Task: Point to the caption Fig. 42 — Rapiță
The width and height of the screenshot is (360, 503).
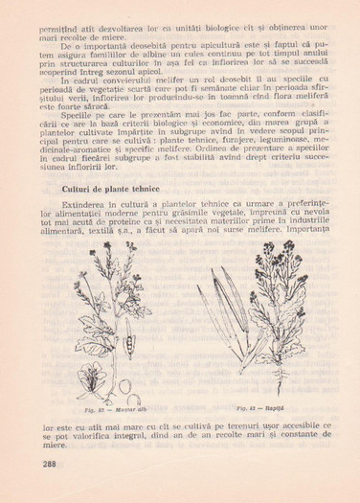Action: [x=253, y=407]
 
